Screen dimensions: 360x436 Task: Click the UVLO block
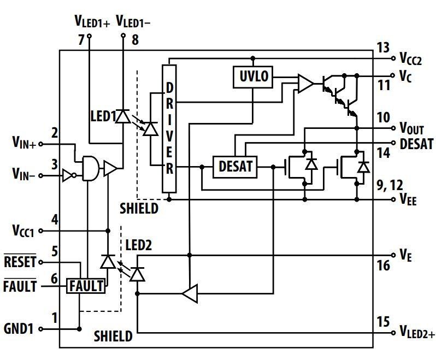(253, 77)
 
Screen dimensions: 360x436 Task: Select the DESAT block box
(235, 166)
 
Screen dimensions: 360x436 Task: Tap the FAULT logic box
(85, 286)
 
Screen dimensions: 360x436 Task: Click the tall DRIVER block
(170, 128)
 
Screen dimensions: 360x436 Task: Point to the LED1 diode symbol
(123, 116)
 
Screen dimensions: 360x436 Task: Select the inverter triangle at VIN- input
(67, 176)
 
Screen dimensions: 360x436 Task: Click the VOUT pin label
(411, 129)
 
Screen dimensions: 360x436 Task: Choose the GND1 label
(19, 329)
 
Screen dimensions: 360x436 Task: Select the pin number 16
(384, 265)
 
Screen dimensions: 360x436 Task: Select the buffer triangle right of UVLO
(305, 83)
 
